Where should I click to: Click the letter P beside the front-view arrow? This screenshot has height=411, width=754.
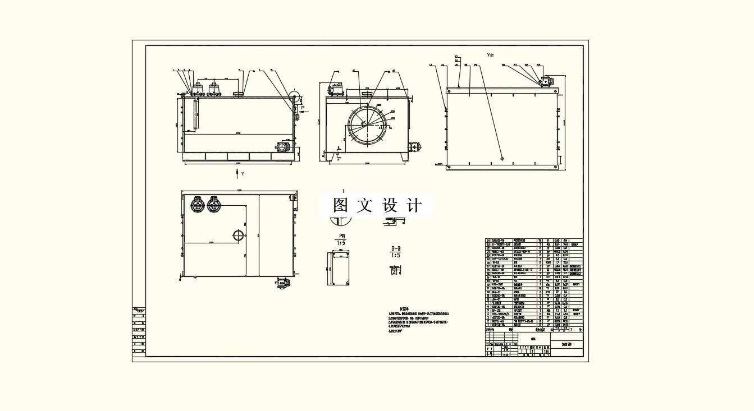point(303,107)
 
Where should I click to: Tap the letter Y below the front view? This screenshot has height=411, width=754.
point(243,174)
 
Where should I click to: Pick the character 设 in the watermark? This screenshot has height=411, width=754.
point(389,205)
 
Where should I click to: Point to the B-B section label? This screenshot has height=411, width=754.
point(396,248)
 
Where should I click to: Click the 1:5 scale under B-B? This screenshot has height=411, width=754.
point(396,255)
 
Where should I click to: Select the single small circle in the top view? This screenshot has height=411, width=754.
point(238,235)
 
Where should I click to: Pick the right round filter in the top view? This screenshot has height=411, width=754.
point(213,205)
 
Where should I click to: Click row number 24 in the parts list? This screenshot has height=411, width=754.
point(488,241)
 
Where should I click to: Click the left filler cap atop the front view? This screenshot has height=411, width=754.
point(198,89)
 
